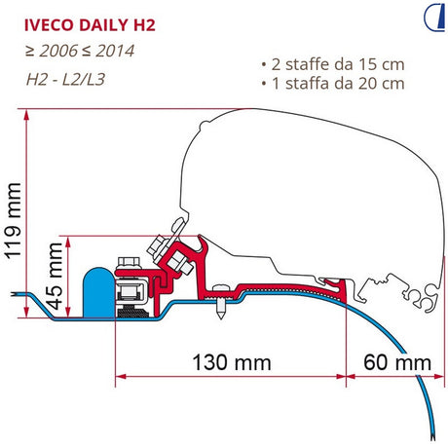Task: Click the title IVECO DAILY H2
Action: click(x=90, y=25)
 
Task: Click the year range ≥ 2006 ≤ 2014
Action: click(x=80, y=51)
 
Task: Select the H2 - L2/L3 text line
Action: click(x=66, y=79)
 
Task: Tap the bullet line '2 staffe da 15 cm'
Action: click(x=333, y=64)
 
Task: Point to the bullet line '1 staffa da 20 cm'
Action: click(x=333, y=84)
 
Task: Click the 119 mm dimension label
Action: click(x=14, y=221)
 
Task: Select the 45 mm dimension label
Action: click(x=55, y=277)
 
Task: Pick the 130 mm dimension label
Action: click(x=232, y=362)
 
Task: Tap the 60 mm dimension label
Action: click(x=397, y=362)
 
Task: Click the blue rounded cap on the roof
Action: click(x=99, y=292)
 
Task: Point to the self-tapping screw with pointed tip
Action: click(x=221, y=301)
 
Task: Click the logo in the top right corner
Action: click(x=434, y=18)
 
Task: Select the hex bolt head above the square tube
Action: click(x=129, y=262)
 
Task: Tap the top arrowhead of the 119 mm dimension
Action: click(x=26, y=115)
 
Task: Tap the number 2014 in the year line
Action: click(x=115, y=51)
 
